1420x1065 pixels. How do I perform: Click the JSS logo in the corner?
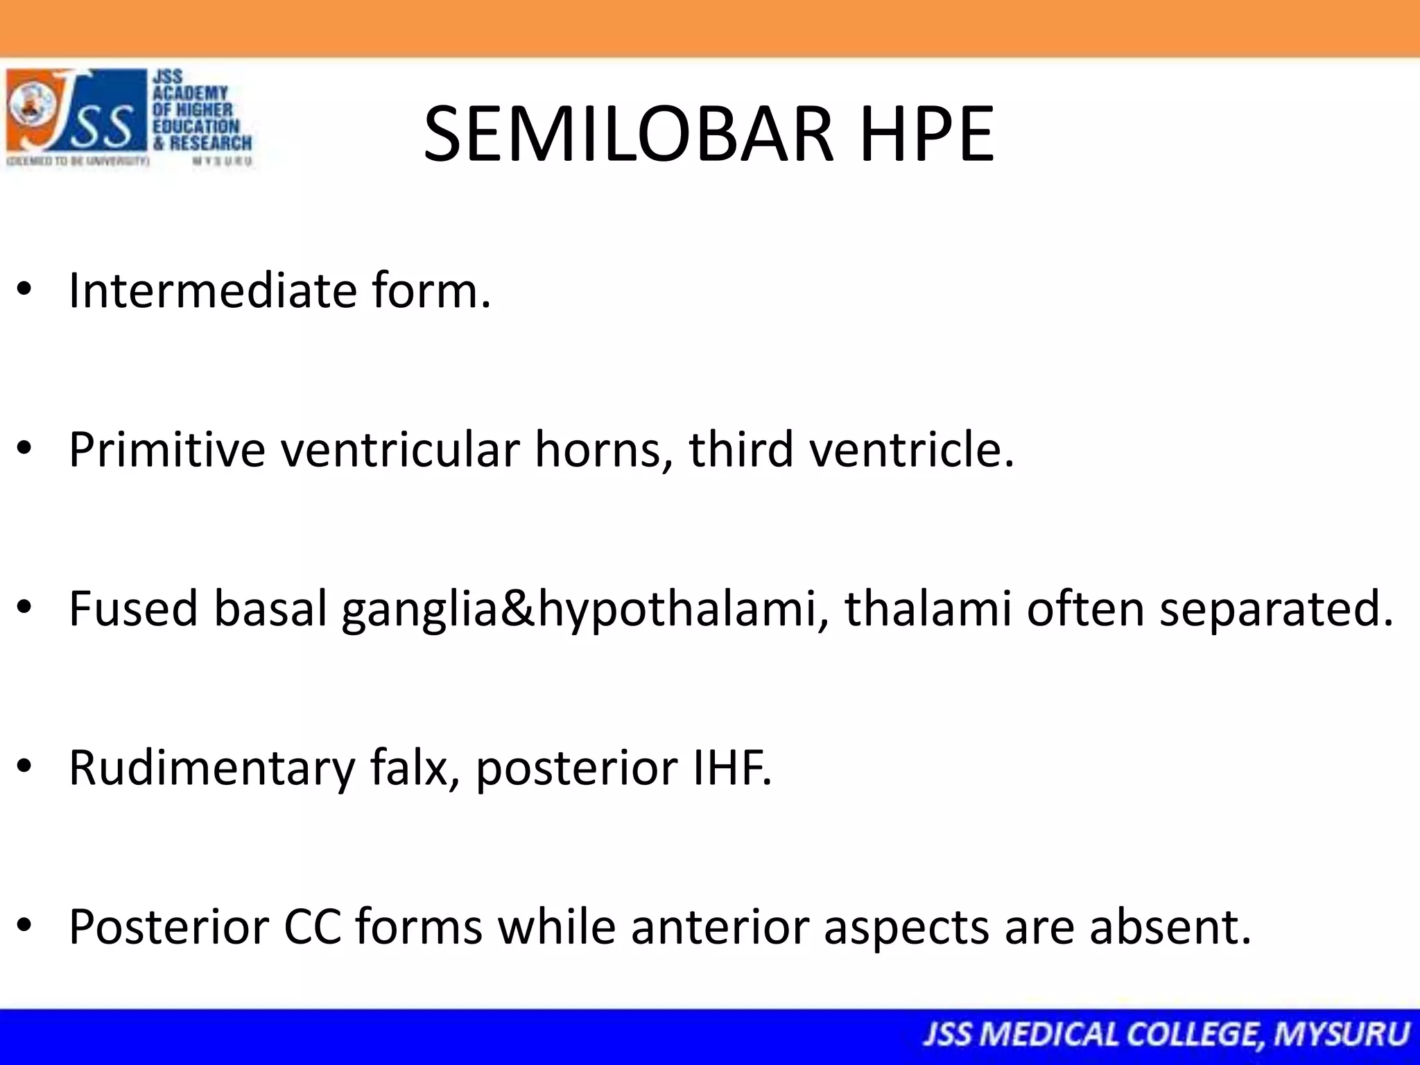click(x=129, y=118)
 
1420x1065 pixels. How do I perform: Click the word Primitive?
click(x=167, y=449)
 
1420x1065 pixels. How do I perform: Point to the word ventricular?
click(x=400, y=449)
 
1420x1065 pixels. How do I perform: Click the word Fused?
click(x=133, y=608)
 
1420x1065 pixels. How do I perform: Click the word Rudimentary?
click(x=211, y=768)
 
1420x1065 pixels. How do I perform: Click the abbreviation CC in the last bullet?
click(x=312, y=927)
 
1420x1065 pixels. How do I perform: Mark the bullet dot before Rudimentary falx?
click(x=25, y=768)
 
